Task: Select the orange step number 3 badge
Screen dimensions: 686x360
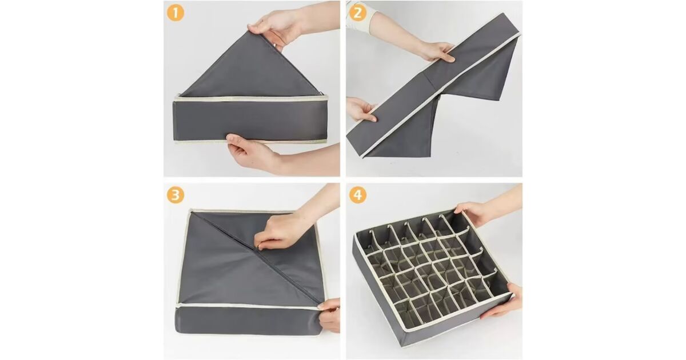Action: coord(176,195)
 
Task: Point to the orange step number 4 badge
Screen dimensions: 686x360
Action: coord(357,195)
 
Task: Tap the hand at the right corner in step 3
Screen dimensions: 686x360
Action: coord(329,315)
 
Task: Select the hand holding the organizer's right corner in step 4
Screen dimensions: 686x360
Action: coord(502,302)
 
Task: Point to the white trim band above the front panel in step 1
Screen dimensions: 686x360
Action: coord(251,99)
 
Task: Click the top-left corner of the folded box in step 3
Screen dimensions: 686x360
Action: coord(190,211)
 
